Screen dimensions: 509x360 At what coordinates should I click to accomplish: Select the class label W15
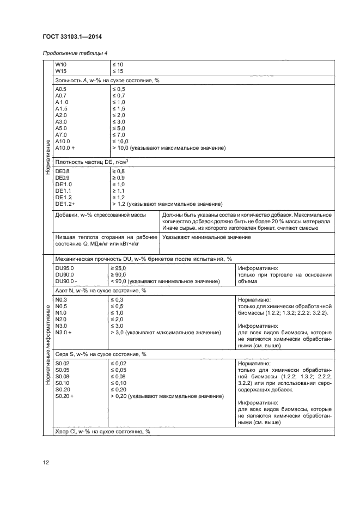[x=60, y=71]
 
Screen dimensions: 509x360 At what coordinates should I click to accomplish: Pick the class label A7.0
[x=61, y=134]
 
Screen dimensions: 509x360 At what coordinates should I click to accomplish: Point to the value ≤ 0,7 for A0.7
[x=119, y=95]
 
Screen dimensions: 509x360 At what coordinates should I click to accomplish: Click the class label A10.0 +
[x=65, y=148]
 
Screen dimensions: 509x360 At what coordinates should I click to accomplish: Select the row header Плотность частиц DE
[x=95, y=161]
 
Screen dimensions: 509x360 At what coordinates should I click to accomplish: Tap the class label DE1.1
[x=63, y=191]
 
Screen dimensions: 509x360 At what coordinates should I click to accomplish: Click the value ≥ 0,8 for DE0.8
[x=119, y=171]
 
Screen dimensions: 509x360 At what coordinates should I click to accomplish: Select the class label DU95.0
[x=65, y=268]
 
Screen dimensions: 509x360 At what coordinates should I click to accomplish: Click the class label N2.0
[x=61, y=319]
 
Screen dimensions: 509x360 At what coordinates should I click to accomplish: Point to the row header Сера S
[x=100, y=354]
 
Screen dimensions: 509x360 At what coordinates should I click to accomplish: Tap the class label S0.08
[x=63, y=377]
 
